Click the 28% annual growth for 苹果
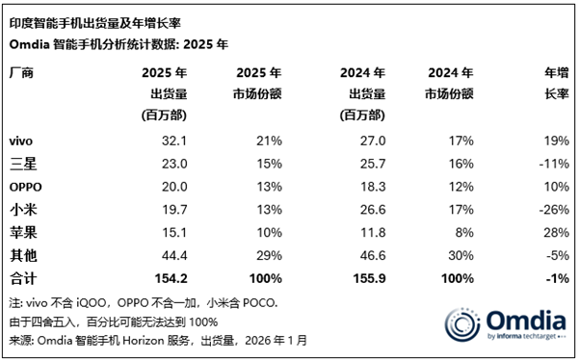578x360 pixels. pos(554,229)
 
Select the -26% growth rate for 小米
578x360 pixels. pos(551,208)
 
